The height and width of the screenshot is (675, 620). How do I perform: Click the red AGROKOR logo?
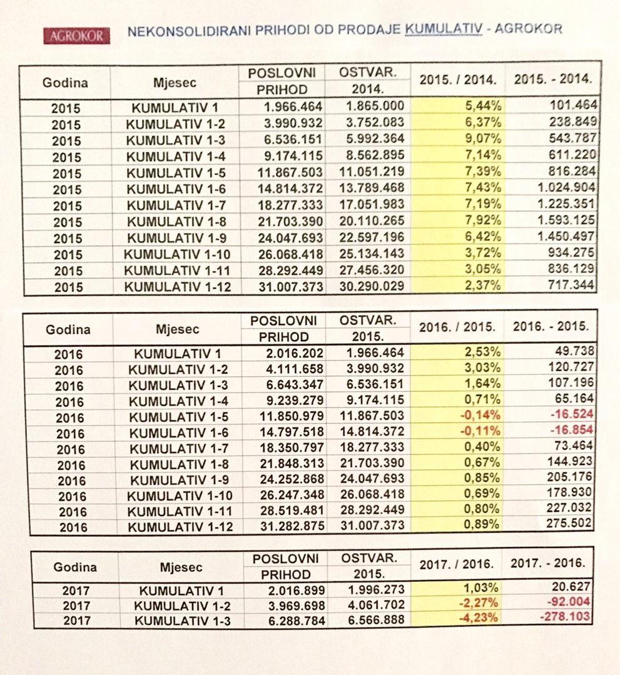tap(77, 36)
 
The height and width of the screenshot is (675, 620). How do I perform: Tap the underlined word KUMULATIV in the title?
tap(443, 29)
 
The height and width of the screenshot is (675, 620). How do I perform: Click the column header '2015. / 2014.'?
tap(458, 80)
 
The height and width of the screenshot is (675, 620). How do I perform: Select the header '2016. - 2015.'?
tap(551, 326)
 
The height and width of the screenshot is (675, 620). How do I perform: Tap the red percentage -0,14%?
tap(482, 415)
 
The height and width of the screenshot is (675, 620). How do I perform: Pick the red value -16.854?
tap(567, 431)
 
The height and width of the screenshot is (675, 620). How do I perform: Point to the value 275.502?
tap(568, 523)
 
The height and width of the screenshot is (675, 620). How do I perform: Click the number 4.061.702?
tap(375, 604)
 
